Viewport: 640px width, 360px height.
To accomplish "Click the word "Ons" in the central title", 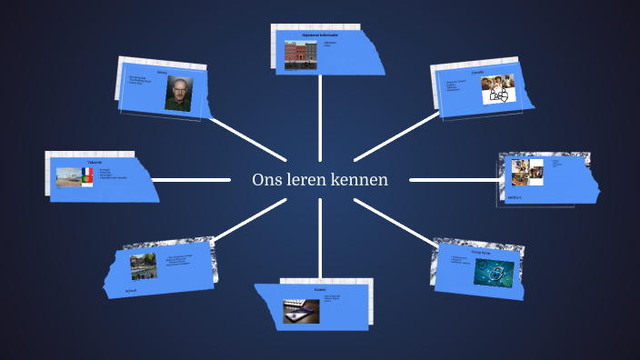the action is pyautogui.click(x=265, y=179).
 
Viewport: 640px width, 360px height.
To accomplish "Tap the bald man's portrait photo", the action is pyautogui.click(x=179, y=93).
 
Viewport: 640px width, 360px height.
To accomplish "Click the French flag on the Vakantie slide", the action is pyautogui.click(x=86, y=171).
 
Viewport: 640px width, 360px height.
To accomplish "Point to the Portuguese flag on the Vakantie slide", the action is pyautogui.click(x=86, y=181).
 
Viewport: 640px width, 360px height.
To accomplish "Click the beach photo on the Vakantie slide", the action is pyautogui.click(x=68, y=176).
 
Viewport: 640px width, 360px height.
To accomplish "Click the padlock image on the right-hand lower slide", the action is pyautogui.click(x=495, y=272).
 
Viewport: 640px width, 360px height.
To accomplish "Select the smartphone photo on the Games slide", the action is pyautogui.click(x=299, y=310).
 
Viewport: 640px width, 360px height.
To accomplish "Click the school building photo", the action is pyautogui.click(x=143, y=266).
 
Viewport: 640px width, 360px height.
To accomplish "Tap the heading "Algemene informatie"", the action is pyautogui.click(x=320, y=35).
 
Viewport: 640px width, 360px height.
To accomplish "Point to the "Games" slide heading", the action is pyautogui.click(x=320, y=290).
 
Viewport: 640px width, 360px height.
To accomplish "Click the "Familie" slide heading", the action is pyautogui.click(x=479, y=72).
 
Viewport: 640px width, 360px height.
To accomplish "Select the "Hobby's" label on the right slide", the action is pyautogui.click(x=515, y=196).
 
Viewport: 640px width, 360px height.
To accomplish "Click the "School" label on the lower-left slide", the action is pyautogui.click(x=131, y=292).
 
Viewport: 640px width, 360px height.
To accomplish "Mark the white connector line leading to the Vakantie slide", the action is pyautogui.click(x=191, y=179).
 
